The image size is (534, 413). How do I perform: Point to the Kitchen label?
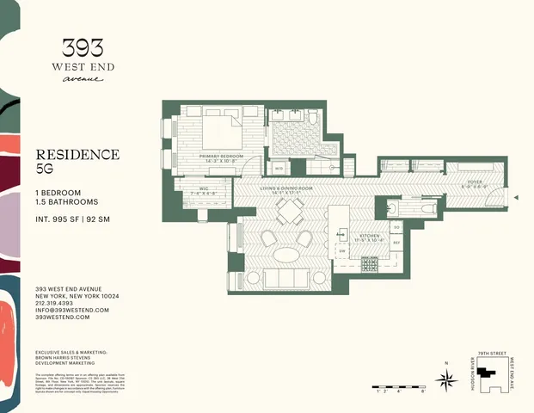coord(369,235)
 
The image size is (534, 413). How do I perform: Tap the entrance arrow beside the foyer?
coord(515,197)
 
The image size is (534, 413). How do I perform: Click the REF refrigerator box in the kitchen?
coord(396,244)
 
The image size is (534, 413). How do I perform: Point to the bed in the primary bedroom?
coord(222,133)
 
